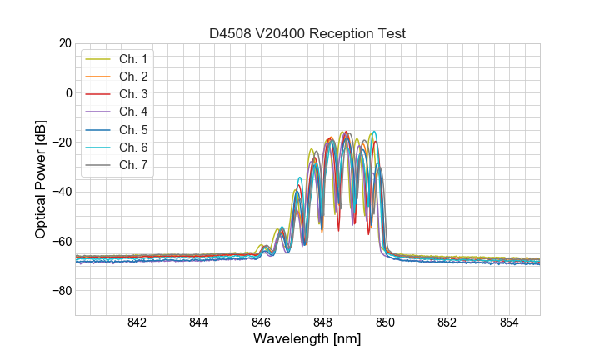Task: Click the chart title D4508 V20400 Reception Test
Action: [x=307, y=33]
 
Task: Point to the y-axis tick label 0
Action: [x=67, y=92]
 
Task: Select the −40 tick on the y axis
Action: [x=61, y=192]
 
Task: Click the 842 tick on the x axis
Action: [x=137, y=324]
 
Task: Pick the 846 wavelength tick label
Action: [x=261, y=324]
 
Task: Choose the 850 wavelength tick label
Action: [x=385, y=324]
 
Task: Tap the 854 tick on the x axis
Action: [x=509, y=324]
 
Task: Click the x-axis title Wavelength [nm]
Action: [x=307, y=341]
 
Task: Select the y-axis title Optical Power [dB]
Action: [x=40, y=179]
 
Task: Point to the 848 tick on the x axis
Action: [x=323, y=324]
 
